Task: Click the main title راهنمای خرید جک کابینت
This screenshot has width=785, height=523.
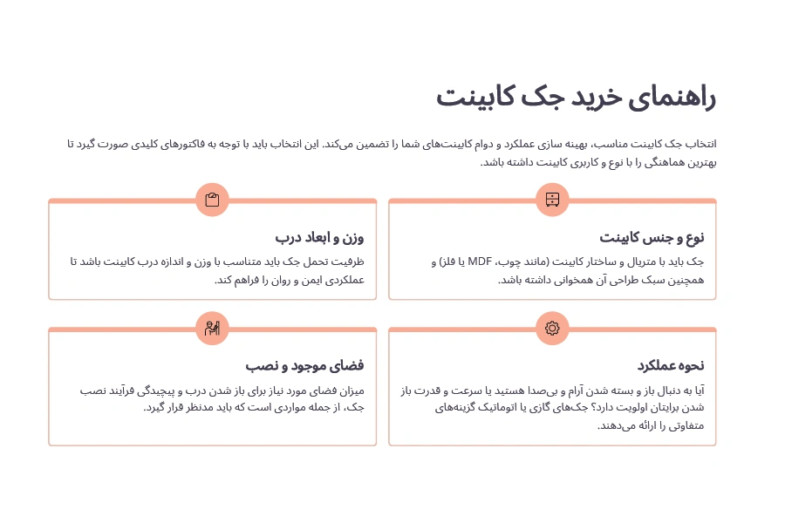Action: (x=576, y=97)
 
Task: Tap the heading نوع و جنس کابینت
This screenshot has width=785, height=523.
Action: (x=652, y=237)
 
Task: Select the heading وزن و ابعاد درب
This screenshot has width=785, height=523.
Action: (x=319, y=237)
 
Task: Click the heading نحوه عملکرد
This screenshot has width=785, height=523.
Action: (x=670, y=365)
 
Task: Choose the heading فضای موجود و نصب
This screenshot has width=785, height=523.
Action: (x=304, y=365)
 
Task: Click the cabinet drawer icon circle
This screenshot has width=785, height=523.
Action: (x=552, y=200)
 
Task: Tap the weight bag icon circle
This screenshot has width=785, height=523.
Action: (x=212, y=200)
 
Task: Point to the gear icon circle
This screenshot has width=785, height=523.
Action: (x=552, y=328)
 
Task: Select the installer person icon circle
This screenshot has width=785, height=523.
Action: (x=212, y=328)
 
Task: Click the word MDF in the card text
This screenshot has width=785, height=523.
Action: (x=480, y=261)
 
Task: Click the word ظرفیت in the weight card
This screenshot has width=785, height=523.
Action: (x=348, y=261)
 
